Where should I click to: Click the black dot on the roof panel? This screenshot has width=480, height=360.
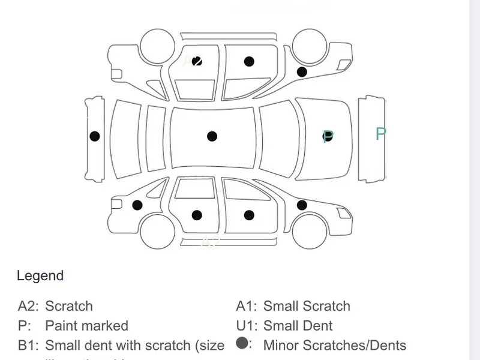(x=212, y=136)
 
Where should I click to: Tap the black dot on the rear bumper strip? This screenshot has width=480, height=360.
(x=95, y=136)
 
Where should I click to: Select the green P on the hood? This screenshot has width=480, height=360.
(x=328, y=136)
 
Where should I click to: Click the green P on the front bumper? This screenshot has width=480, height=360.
(x=380, y=134)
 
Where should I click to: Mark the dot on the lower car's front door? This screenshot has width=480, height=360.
(x=249, y=215)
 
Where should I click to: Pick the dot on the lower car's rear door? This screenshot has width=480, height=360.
(x=197, y=215)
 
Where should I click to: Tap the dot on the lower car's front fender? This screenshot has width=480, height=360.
(x=302, y=205)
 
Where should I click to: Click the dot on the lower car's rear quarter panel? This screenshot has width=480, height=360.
(x=137, y=205)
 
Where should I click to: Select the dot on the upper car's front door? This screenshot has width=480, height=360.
(x=249, y=61)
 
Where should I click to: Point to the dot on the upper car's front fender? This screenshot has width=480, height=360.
(x=302, y=72)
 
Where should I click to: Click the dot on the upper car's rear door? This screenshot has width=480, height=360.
(x=197, y=61)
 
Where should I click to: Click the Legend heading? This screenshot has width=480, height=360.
(x=40, y=276)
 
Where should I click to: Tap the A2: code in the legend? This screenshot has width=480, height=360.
(x=28, y=306)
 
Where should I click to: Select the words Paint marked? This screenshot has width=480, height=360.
(x=86, y=326)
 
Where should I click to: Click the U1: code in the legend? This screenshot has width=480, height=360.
(x=246, y=326)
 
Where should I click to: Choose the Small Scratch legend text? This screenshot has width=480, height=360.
(x=307, y=306)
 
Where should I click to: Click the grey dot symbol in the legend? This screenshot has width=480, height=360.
(x=242, y=344)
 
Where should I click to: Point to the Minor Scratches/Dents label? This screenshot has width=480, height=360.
(x=334, y=346)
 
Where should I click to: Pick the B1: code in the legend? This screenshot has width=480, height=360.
(x=28, y=346)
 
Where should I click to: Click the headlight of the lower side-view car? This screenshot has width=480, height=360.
(x=344, y=213)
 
